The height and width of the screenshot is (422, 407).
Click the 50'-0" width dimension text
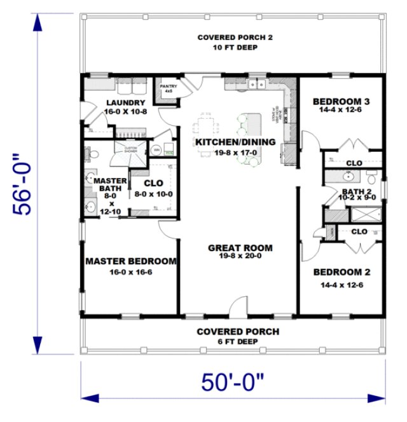[x=233, y=383]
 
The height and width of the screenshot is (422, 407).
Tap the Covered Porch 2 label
[x=235, y=37]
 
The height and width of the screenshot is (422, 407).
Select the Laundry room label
[x=126, y=102]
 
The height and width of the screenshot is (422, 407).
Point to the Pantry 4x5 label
[x=169, y=88]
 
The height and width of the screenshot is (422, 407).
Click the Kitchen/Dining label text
[x=235, y=142]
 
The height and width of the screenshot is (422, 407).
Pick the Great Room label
[x=240, y=248]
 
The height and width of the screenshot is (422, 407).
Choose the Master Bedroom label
[x=131, y=261]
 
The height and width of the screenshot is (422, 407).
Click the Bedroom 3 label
[x=342, y=101]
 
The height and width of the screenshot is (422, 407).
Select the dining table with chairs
[x=207, y=123]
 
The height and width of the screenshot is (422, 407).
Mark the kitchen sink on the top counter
[x=256, y=84]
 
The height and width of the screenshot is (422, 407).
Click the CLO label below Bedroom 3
[x=354, y=163]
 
